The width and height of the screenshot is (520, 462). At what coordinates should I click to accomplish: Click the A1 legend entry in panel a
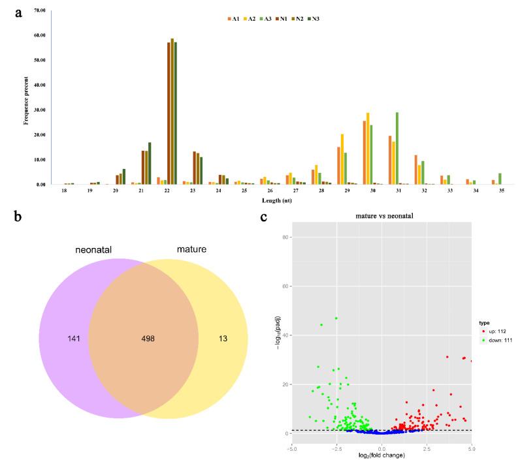pyautogui.click(x=233, y=19)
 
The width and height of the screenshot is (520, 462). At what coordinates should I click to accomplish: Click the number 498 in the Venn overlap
pyautogui.click(x=150, y=339)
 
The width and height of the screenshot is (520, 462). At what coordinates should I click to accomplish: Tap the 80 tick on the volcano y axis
pyautogui.click(x=285, y=238)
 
